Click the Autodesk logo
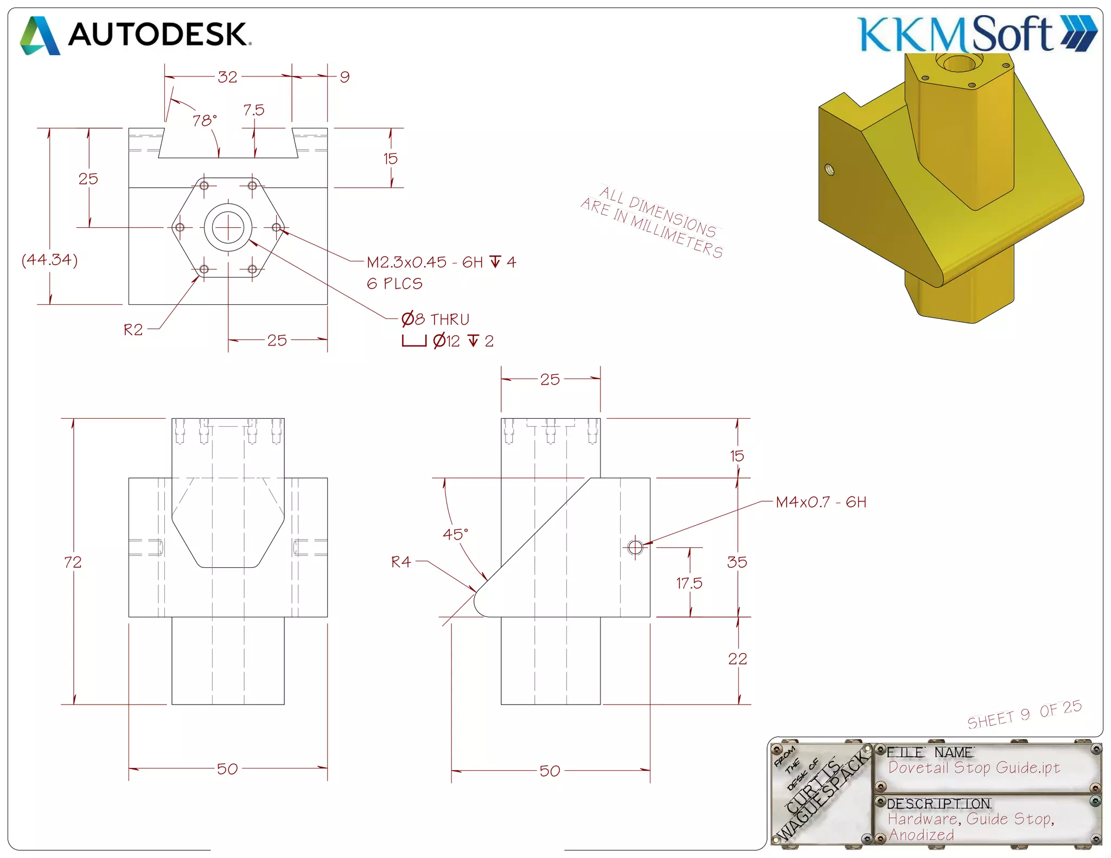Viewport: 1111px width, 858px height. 136,35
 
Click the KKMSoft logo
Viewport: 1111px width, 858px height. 976,34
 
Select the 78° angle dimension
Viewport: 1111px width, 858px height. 205,120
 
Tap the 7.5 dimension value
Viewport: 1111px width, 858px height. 253,110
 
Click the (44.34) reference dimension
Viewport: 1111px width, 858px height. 49,260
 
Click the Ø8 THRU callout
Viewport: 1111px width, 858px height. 435,319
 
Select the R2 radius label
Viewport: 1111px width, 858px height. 133,330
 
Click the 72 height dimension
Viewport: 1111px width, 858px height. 73,562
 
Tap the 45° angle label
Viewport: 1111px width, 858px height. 455,535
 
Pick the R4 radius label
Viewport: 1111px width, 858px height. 401,562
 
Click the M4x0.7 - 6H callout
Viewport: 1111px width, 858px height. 821,502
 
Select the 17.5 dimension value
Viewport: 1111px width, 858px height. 689,584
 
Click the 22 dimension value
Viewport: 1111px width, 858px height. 737,659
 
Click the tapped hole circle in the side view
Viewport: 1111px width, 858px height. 635,547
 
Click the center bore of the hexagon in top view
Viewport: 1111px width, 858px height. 228,228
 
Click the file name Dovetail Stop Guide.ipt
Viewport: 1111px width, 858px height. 974,768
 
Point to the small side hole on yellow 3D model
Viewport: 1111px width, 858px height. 829,169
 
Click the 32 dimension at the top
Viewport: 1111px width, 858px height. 227,77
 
